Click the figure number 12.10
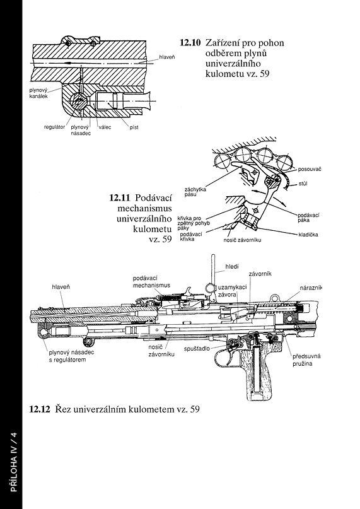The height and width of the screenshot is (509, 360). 190,43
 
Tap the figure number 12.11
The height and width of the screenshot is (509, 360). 120,197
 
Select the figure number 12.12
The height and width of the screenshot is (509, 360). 40,409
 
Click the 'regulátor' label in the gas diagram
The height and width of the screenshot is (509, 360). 54,127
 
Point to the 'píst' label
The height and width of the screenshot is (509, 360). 134,127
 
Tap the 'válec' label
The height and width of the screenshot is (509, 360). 105,127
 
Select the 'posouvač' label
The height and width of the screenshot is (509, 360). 310,169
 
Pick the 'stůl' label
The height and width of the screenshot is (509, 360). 303,184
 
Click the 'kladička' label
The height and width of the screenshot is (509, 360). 308,235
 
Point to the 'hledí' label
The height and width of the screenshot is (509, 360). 232,267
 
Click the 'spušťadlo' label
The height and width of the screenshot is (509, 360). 197,349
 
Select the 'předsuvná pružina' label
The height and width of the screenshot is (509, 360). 306,360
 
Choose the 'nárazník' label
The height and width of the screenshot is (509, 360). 311,288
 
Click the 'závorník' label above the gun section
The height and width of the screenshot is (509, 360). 260,274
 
